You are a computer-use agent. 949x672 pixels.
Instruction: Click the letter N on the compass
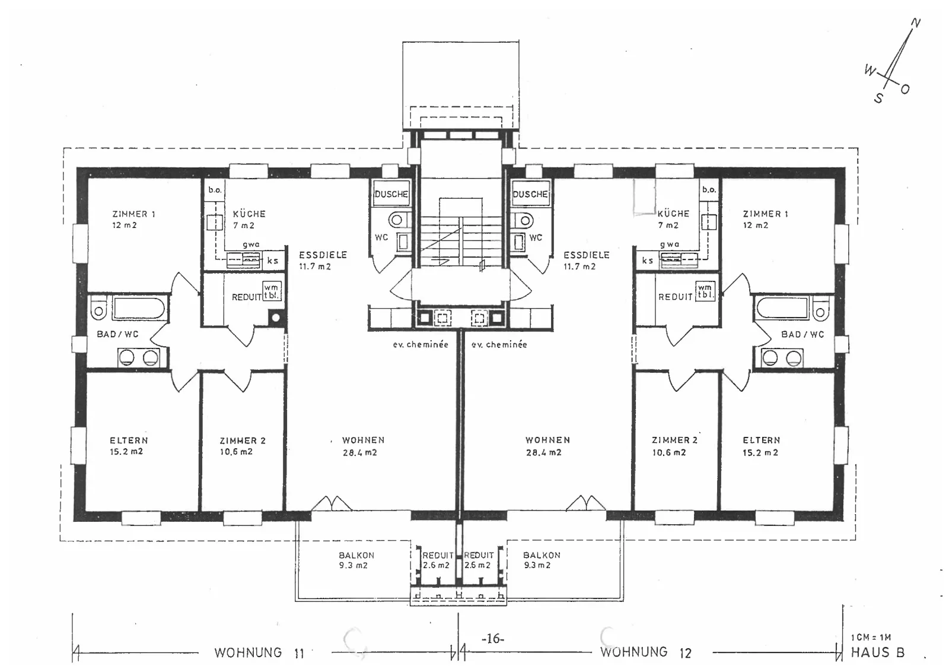(915, 23)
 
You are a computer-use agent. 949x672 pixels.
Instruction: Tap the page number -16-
(493, 638)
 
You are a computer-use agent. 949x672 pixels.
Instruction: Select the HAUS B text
(878, 652)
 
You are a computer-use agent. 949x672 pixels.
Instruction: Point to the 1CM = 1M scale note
(871, 637)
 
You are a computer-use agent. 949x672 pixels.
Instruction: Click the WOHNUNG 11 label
(259, 653)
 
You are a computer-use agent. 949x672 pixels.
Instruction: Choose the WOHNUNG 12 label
(645, 652)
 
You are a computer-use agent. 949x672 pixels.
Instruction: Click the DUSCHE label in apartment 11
(391, 194)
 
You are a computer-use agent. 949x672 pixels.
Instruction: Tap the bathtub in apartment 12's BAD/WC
(783, 308)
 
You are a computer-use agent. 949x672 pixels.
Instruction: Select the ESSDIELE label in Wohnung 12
(587, 255)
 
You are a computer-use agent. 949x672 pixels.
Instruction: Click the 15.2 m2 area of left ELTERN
(126, 452)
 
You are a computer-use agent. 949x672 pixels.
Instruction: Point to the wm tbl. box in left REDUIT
(272, 291)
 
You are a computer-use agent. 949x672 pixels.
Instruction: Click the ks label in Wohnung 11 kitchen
(273, 261)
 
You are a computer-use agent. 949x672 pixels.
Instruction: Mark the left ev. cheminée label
(421, 344)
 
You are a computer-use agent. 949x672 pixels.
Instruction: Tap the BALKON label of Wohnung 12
(542, 555)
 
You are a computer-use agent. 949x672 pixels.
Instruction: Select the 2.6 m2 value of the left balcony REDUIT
(436, 565)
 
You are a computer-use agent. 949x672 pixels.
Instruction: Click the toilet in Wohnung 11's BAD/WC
(98, 309)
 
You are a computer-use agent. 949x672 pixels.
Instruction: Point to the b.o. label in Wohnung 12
(709, 189)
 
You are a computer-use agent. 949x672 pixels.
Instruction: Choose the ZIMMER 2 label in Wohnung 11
(243, 440)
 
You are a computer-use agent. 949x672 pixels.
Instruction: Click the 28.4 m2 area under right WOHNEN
(543, 452)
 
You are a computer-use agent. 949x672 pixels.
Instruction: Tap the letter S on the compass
(878, 98)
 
